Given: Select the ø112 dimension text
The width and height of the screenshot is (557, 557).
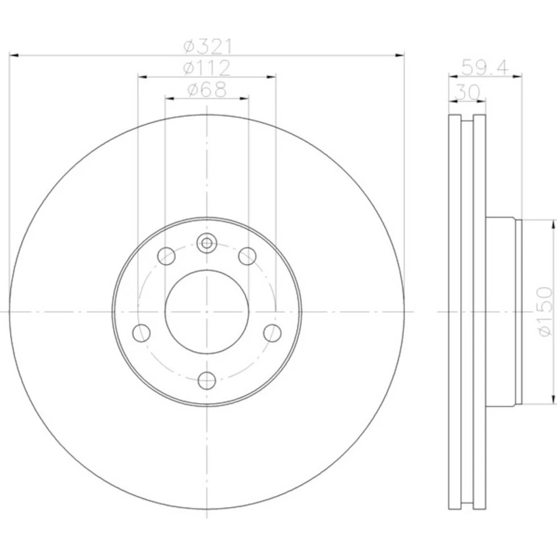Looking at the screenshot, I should (207, 68).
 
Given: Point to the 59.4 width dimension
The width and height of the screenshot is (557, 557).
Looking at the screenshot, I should (485, 67).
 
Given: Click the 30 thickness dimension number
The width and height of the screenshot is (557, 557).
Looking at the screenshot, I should (467, 91).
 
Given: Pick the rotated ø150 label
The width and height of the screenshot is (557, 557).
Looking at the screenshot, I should (544, 311).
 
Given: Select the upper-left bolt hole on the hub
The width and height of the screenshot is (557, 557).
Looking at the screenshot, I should (167, 255).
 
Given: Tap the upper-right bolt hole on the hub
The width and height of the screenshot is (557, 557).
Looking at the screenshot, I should (248, 255).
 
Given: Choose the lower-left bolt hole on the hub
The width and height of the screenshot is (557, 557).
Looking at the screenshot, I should (142, 333).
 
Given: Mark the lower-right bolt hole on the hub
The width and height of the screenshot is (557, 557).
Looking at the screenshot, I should (272, 333).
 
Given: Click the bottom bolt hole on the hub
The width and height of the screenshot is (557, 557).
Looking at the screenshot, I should (207, 381).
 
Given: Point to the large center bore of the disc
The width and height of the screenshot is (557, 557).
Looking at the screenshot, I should (207, 312).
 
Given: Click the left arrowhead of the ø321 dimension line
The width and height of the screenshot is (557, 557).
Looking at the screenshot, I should (14, 55).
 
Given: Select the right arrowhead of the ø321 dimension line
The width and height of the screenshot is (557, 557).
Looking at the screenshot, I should (400, 55).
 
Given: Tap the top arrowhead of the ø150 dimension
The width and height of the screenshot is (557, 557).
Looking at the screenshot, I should (550, 223).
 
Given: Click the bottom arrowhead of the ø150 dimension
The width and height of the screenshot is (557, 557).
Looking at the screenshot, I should (550, 399).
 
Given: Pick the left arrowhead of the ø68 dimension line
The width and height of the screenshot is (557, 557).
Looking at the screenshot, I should (169, 99).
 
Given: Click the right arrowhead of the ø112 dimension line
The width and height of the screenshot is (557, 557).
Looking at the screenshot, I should (271, 77).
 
